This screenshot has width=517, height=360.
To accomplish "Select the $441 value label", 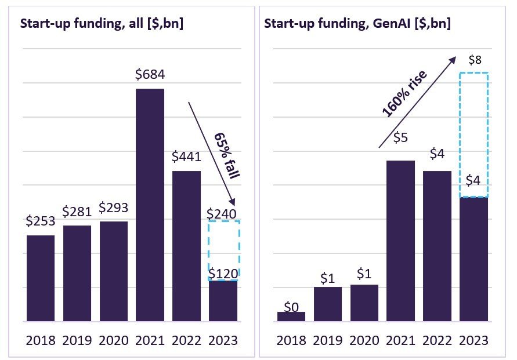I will (x=186, y=157).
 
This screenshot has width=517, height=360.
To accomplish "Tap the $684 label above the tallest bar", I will (x=150, y=74).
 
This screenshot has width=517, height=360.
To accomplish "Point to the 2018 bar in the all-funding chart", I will (x=41, y=278).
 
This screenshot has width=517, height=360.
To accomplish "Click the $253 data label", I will (x=40, y=221).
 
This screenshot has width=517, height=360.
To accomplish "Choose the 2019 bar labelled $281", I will (x=77, y=273).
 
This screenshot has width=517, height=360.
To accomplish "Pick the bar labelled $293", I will (x=113, y=271).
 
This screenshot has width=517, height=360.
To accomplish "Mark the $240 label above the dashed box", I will (x=222, y=214).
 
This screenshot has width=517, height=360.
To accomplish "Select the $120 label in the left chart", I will (x=223, y=273).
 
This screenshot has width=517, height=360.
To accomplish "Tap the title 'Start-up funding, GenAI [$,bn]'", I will (x=357, y=24).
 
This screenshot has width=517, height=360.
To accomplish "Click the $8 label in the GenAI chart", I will (x=474, y=60).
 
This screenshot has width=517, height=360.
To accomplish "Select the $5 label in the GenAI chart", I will (x=400, y=137).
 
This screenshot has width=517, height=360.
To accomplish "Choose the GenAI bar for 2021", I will (x=401, y=241).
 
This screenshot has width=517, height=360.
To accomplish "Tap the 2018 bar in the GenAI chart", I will (x=291, y=317).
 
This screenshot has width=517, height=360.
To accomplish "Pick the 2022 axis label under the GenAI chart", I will (x=438, y=340).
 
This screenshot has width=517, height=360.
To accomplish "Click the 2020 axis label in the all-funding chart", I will (x=114, y=340).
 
